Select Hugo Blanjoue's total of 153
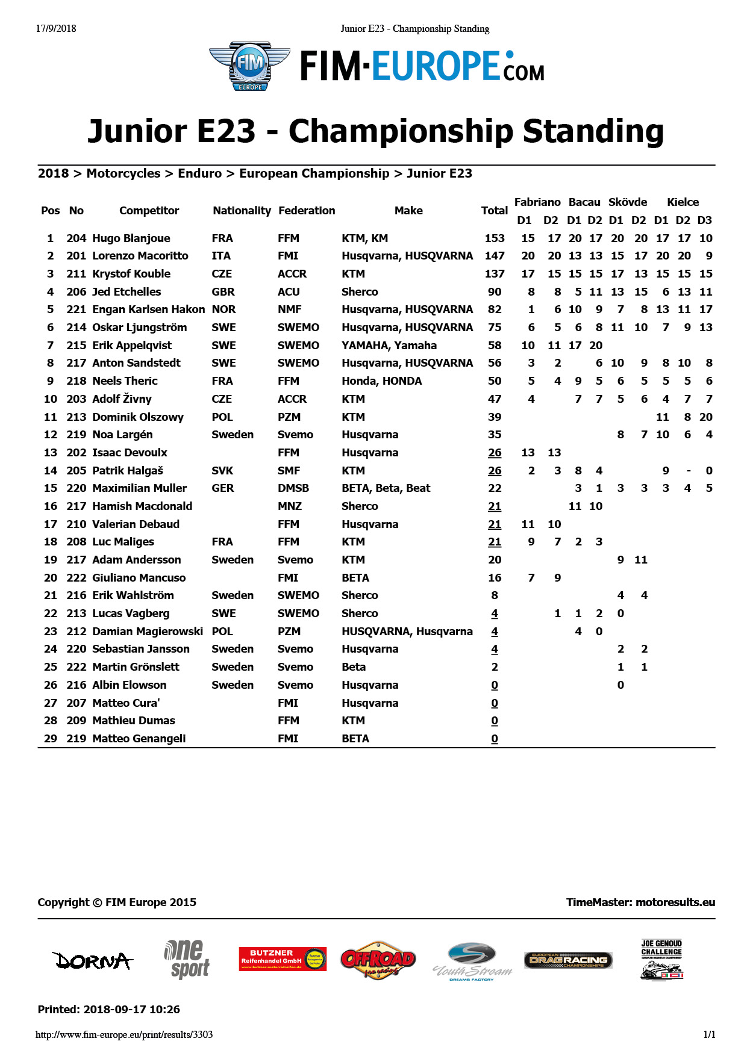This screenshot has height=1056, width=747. (495, 238)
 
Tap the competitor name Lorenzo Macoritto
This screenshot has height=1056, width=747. (140, 256)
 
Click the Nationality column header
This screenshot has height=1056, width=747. (242, 211)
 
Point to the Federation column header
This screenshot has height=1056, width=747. (307, 211)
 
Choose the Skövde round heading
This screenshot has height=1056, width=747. (628, 202)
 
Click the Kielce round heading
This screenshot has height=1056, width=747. (683, 202)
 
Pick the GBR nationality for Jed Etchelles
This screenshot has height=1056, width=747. (223, 292)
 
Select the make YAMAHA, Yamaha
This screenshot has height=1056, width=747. (389, 346)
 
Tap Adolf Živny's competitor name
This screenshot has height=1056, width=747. (122, 399)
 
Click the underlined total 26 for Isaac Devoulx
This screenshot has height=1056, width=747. (495, 453)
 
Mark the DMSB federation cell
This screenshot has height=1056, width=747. (293, 488)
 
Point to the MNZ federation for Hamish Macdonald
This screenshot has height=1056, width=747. (290, 506)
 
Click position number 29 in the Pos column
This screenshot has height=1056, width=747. (51, 739)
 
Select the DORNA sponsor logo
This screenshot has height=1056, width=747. (92, 960)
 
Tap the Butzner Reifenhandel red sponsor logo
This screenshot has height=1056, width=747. (283, 958)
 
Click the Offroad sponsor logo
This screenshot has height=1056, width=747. (378, 960)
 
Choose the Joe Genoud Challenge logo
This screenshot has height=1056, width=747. (661, 960)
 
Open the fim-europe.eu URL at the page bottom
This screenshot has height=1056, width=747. (124, 1035)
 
